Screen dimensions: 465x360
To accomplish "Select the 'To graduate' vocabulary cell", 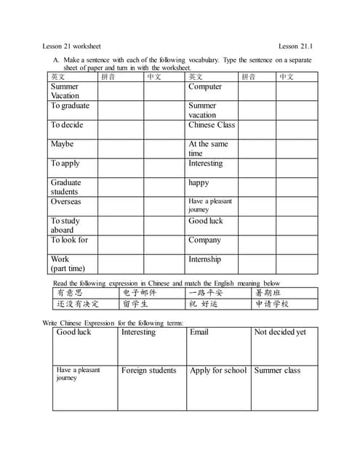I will pos(70,105).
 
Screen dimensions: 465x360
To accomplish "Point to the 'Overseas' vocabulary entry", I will pos(65,201).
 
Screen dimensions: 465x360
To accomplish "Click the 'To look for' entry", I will pos(69,240).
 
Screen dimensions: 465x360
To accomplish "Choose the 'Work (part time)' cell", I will pos(68,264).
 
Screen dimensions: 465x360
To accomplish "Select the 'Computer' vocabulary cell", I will pos(205,86).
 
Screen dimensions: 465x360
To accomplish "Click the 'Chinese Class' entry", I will pos(212,124).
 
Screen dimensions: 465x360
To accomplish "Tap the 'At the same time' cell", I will pos(208,148).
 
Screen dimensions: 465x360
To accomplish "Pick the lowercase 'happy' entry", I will pos(199,182).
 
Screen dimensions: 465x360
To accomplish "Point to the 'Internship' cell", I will pos(204,259).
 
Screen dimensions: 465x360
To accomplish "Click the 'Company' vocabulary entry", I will pos(204,240).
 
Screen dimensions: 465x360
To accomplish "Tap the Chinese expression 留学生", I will pos(135,304).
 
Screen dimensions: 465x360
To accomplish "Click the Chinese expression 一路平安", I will pos(205,293).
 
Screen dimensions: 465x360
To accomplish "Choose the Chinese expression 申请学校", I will pos(272,304).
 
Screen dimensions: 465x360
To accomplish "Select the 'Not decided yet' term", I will pos(280,332).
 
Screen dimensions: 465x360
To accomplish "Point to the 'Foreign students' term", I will pos(148,371).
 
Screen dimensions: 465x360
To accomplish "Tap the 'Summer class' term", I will pos(277,371).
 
